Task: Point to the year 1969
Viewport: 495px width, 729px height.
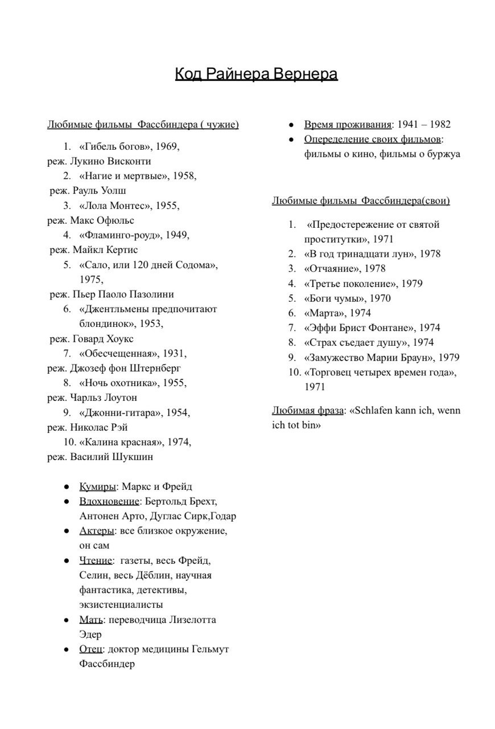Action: pyautogui.click(x=166, y=146)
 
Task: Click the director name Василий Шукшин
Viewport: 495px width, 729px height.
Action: pyautogui.click(x=112, y=457)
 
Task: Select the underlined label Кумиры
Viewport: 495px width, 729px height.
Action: pyautogui.click(x=97, y=486)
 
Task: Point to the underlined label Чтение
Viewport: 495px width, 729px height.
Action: pyautogui.click(x=96, y=560)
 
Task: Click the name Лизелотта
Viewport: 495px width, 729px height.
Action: pyautogui.click(x=191, y=620)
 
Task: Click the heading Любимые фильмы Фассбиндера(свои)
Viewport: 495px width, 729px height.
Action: pyautogui.click(x=360, y=200)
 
